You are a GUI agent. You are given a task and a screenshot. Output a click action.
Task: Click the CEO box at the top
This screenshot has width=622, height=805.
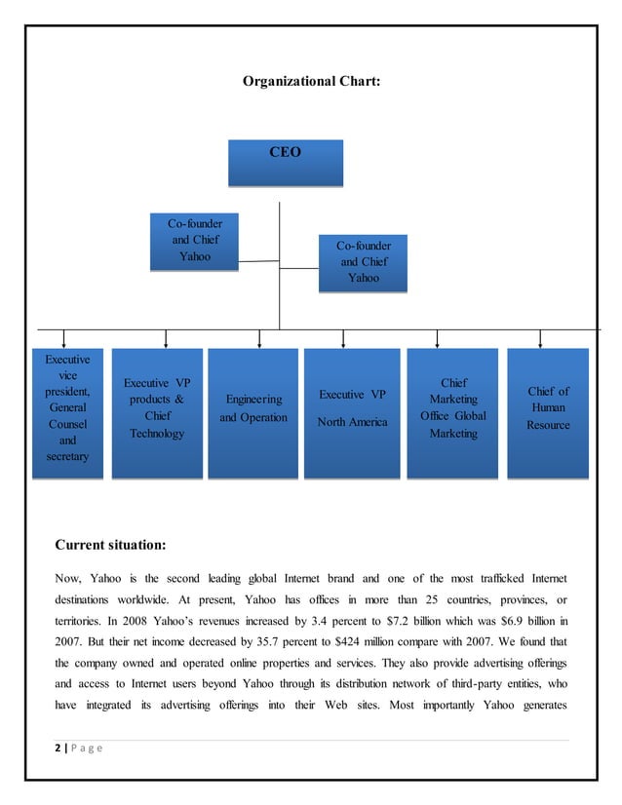(x=285, y=162)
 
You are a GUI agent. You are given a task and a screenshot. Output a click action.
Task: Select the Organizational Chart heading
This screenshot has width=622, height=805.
(x=311, y=83)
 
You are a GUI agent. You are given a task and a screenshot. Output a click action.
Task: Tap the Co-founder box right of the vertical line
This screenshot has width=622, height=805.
(x=363, y=262)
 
